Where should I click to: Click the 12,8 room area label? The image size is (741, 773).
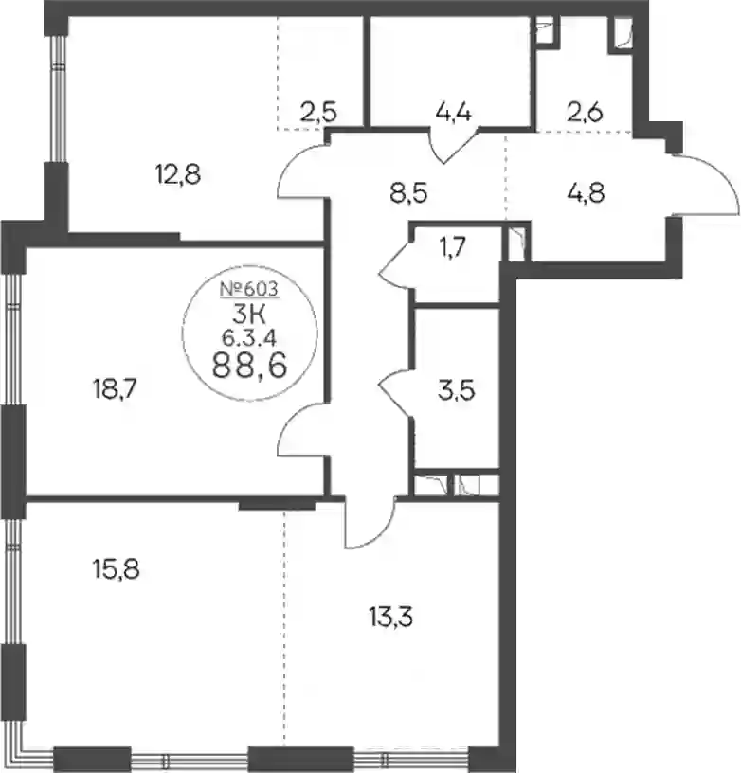(178, 174)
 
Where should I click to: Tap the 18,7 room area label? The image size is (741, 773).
(115, 389)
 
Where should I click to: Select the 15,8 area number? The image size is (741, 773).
(116, 569)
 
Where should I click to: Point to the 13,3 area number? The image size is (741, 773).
(390, 617)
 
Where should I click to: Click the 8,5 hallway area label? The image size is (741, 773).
(408, 192)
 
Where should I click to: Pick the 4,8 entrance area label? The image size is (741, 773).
(586, 192)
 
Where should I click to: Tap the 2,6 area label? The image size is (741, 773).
(585, 113)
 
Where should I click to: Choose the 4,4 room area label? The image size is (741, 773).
(454, 113)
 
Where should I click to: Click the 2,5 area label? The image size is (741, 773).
(318, 113)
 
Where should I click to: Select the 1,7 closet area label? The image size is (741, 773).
(452, 247)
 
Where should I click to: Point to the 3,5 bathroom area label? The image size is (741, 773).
(457, 389)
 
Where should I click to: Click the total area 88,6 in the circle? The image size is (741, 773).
(249, 366)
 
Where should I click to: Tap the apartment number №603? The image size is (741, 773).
(249, 289)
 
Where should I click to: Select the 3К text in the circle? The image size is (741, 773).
(249, 315)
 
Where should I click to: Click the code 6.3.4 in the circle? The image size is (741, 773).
(249, 337)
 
